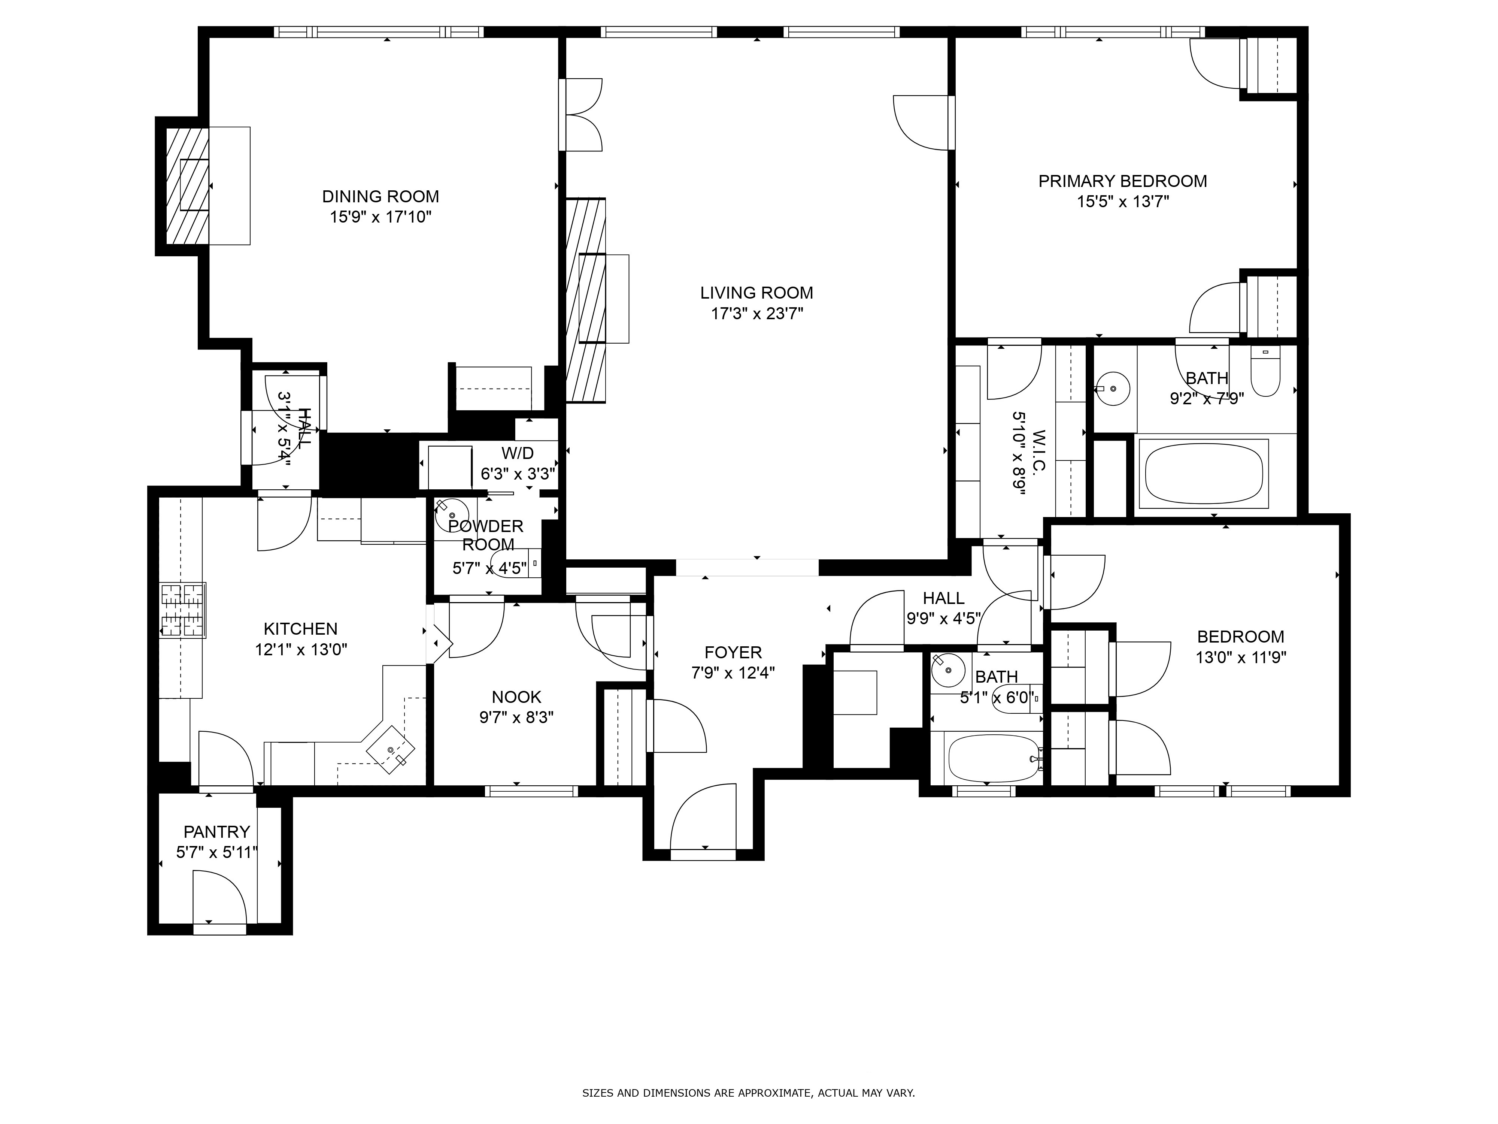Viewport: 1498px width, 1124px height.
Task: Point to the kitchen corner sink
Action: tap(391, 749)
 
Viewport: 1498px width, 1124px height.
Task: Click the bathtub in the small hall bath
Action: tap(991, 758)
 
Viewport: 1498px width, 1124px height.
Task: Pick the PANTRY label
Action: tap(217, 831)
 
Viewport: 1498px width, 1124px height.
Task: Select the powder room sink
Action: tap(452, 515)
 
